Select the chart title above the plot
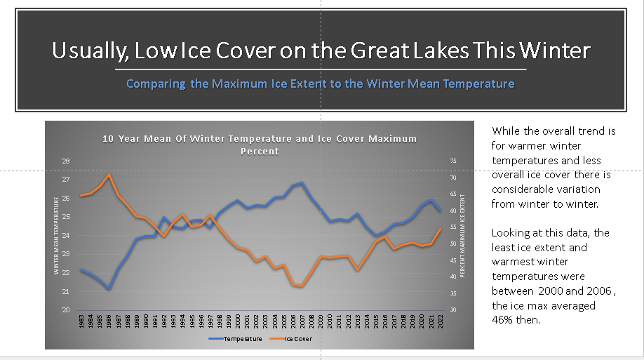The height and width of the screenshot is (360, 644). (x=259, y=144)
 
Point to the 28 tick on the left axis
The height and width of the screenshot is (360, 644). (x=65, y=161)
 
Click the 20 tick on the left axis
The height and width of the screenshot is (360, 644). (x=65, y=310)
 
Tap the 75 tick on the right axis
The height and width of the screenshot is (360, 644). (x=452, y=161)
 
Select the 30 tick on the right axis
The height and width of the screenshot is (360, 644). (x=452, y=310)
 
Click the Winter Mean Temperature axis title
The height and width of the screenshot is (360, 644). (x=56, y=236)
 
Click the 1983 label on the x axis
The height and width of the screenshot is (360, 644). (x=81, y=322)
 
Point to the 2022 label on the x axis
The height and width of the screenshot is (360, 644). (x=440, y=322)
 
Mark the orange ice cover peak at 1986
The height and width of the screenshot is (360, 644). (x=109, y=175)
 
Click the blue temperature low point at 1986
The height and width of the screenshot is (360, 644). (x=109, y=288)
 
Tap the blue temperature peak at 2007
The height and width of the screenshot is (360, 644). (x=302, y=183)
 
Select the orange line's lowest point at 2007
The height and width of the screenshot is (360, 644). (x=302, y=286)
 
